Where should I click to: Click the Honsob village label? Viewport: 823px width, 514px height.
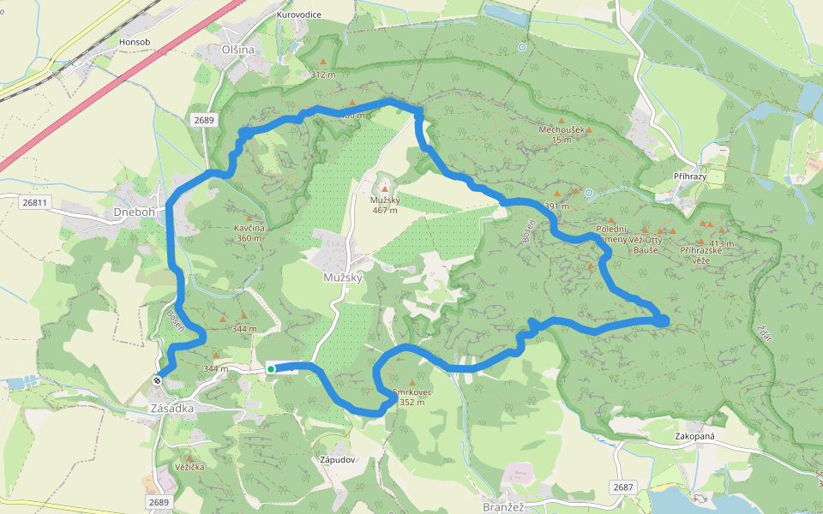(x=135, y=41)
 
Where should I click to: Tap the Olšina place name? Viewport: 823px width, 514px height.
(x=238, y=50)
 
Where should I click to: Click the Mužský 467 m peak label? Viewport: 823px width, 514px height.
(x=383, y=205)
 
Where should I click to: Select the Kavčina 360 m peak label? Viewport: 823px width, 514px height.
(x=249, y=233)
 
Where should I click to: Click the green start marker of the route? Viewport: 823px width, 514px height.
(x=271, y=369)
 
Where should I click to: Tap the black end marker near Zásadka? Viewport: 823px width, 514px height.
(x=158, y=380)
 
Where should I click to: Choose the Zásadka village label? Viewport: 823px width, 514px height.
(x=171, y=409)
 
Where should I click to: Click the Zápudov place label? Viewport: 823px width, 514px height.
(x=337, y=459)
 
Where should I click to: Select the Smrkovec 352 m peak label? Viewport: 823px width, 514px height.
(x=412, y=397)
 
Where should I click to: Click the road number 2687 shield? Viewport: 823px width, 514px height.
(x=623, y=487)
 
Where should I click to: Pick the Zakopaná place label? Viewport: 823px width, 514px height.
(x=694, y=436)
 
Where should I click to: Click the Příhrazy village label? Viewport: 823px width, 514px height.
(x=690, y=175)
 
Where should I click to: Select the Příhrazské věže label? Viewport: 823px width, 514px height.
(x=703, y=254)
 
